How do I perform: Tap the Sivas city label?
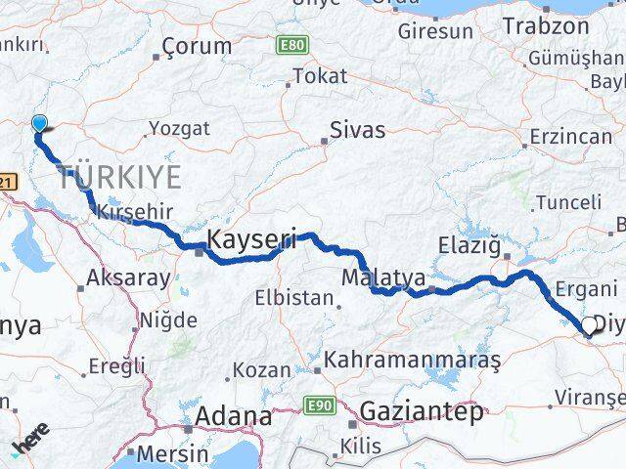tap(357, 130)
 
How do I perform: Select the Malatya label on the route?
tap(382, 277)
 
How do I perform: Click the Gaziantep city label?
tap(421, 412)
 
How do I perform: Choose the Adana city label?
tap(234, 416)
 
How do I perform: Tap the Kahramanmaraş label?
tap(414, 360)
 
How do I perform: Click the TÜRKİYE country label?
tap(120, 178)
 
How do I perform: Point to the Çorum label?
tap(198, 46)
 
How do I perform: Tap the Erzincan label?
tap(569, 137)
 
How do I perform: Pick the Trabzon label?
tap(544, 28)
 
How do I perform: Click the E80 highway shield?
tap(290, 45)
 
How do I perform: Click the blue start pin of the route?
tap(39, 124)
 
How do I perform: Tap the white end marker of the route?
tap(590, 326)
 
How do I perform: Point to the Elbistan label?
tap(293, 298)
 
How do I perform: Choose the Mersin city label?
tap(172, 454)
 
